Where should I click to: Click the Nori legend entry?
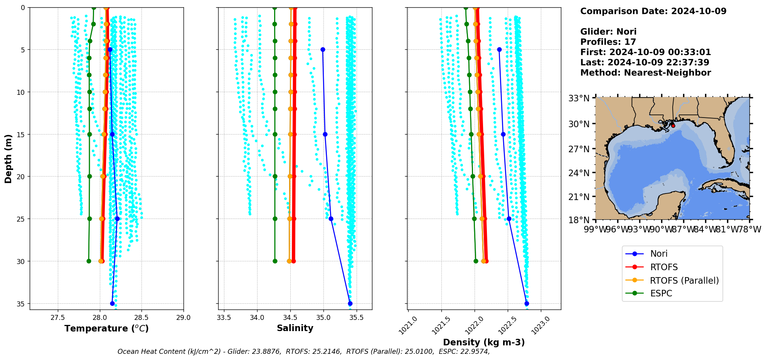click(658, 254)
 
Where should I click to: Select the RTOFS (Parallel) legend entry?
click(684, 281)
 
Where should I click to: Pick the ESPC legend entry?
click(661, 293)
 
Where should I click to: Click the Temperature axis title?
click(106, 328)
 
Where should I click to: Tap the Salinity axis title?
click(295, 328)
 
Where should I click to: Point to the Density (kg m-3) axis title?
click(484, 342)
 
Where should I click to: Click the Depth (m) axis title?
click(8, 158)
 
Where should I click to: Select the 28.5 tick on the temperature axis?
click(141, 318)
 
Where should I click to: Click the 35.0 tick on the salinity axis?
click(323, 318)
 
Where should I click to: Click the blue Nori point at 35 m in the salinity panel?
click(350, 303)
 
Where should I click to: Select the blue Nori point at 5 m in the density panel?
click(499, 50)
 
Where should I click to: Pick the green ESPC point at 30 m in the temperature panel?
click(89, 261)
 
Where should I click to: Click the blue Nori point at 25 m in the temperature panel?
click(117, 219)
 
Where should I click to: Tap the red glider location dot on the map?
click(673, 126)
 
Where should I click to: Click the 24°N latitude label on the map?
click(579, 173)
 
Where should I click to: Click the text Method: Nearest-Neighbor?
click(645, 73)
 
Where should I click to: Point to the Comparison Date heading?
click(653, 11)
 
